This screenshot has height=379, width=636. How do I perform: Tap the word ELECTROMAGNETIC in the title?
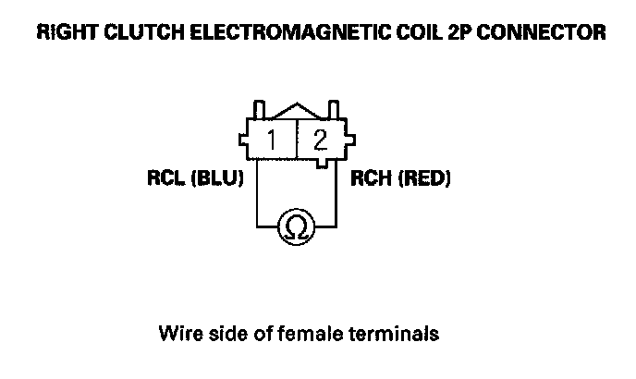click(x=287, y=33)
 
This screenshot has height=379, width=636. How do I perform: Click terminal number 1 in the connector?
click(x=275, y=141)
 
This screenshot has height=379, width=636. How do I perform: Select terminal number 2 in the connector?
click(x=320, y=141)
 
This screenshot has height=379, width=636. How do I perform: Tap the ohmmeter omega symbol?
click(x=296, y=226)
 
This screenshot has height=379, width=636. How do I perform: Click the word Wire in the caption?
click(x=179, y=332)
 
